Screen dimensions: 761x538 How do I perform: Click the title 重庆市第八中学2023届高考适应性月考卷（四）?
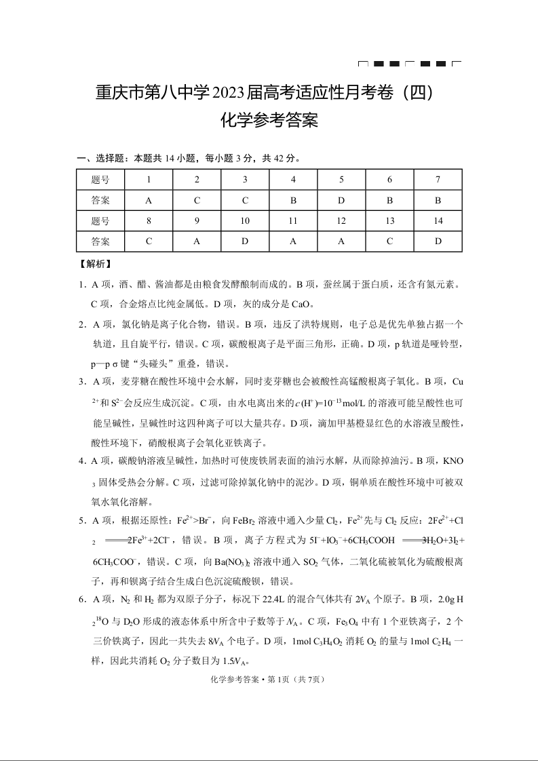pos(269,93)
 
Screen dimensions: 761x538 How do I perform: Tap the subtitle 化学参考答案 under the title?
pos(269,121)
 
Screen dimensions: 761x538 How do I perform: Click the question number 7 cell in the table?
pos(438,180)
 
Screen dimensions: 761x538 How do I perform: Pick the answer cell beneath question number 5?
pos(341,201)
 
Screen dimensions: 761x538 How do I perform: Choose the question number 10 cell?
pos(245,221)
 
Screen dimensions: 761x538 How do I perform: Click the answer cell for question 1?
pos(149,201)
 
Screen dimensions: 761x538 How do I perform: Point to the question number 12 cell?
pos(341,221)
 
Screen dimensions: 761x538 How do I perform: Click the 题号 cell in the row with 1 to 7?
pos(100,180)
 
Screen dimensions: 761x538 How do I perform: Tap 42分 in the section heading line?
pos(284,159)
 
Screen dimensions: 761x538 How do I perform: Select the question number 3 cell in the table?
pos(245,180)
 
